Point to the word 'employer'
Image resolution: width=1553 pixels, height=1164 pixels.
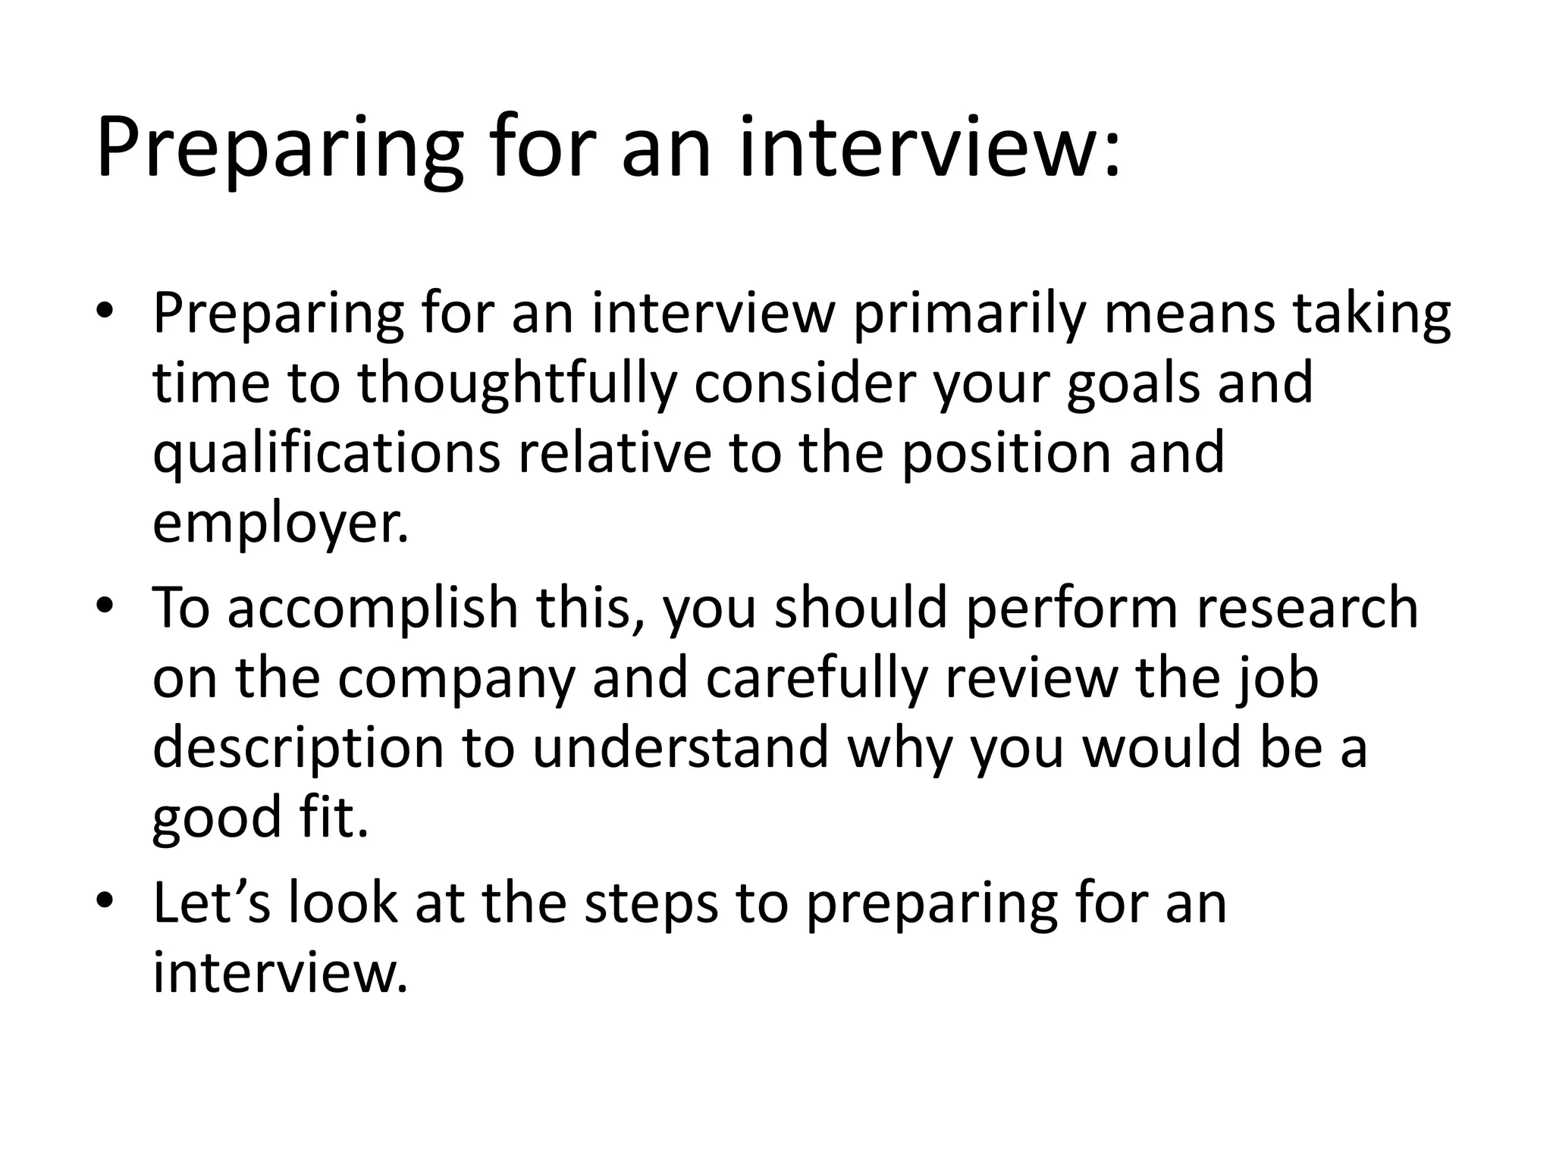point(280,523)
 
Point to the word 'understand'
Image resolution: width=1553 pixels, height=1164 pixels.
point(680,747)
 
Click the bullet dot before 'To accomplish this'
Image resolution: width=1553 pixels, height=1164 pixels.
point(105,607)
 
